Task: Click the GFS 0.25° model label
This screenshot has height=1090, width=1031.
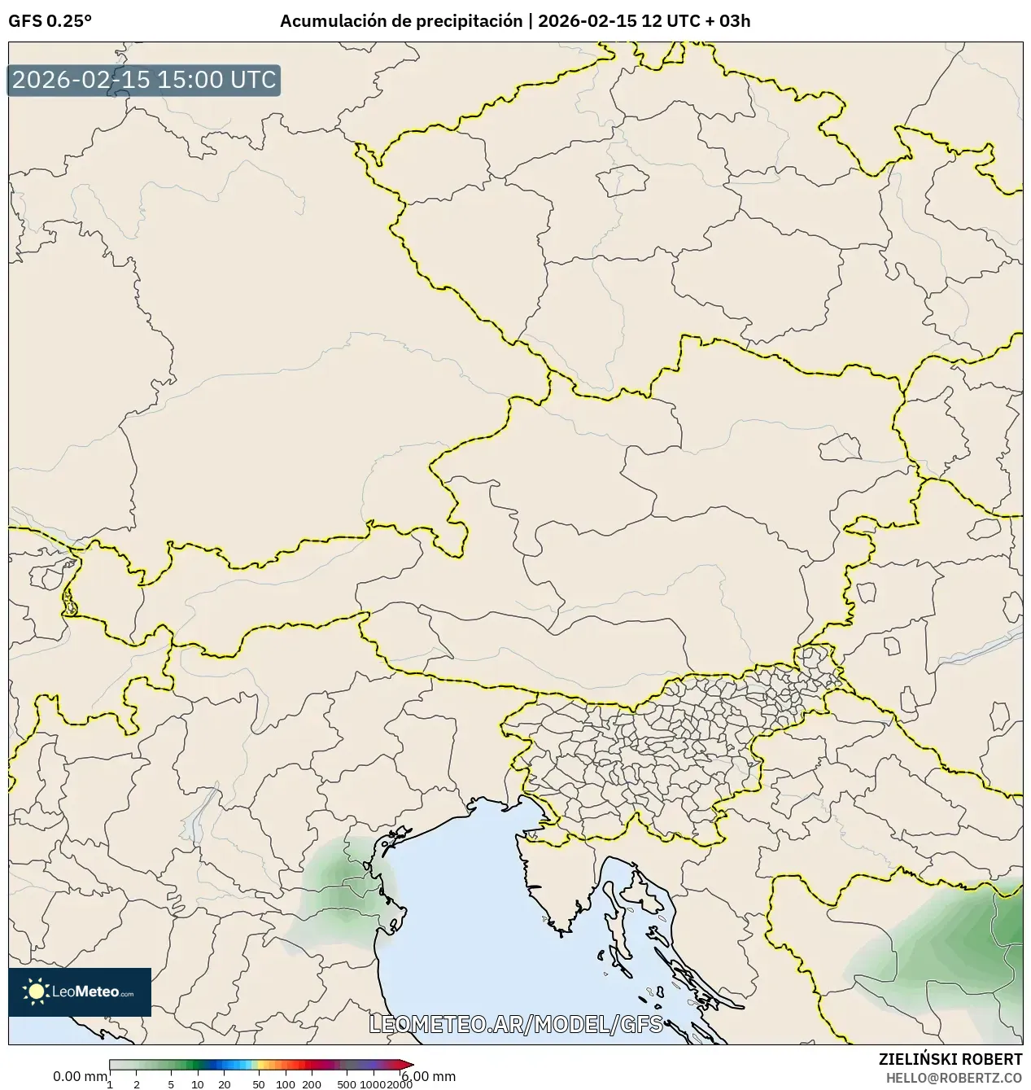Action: (50, 21)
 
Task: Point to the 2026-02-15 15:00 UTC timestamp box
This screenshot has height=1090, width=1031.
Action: (144, 80)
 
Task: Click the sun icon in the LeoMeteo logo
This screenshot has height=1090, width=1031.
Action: (36, 991)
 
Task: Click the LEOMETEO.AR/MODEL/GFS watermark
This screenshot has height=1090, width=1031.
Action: (516, 1024)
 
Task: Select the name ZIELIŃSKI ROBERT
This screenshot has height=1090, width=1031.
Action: (950, 1059)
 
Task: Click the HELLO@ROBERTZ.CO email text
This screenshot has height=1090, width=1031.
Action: (954, 1077)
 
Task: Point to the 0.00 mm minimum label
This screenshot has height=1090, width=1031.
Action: (79, 1076)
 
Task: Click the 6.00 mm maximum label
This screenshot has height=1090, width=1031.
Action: (429, 1076)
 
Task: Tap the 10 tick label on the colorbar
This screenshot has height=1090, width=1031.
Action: (198, 1083)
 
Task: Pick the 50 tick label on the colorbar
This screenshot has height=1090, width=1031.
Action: (259, 1083)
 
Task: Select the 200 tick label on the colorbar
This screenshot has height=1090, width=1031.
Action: (312, 1083)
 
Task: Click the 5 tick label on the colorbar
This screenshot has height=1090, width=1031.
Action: (171, 1083)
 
